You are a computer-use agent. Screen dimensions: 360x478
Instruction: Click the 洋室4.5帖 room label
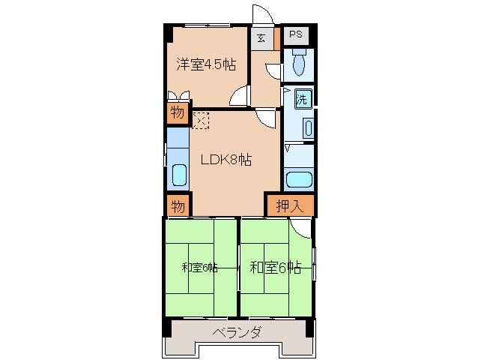click(x=207, y=64)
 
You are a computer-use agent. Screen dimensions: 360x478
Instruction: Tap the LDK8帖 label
click(x=225, y=160)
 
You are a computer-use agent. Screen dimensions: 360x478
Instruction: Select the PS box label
click(x=296, y=34)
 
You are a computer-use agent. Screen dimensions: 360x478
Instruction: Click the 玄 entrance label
click(x=261, y=38)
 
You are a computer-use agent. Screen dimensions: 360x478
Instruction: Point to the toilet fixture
click(x=299, y=64)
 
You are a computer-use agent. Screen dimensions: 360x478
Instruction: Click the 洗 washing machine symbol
click(x=302, y=99)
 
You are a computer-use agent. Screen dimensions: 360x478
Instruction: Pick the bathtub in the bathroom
click(x=299, y=180)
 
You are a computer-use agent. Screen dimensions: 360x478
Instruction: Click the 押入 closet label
click(x=289, y=205)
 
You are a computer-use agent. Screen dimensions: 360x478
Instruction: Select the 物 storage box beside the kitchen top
click(x=177, y=113)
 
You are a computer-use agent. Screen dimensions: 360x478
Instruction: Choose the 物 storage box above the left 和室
click(x=177, y=205)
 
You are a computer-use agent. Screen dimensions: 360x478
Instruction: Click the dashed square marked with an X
click(x=201, y=120)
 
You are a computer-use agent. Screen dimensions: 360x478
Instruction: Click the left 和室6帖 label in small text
click(x=199, y=267)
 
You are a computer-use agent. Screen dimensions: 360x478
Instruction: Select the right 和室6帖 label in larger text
click(x=275, y=267)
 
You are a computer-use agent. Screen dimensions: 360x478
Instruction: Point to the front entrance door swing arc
click(x=263, y=14)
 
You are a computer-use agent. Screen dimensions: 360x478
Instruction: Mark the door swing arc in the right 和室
click(x=300, y=228)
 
